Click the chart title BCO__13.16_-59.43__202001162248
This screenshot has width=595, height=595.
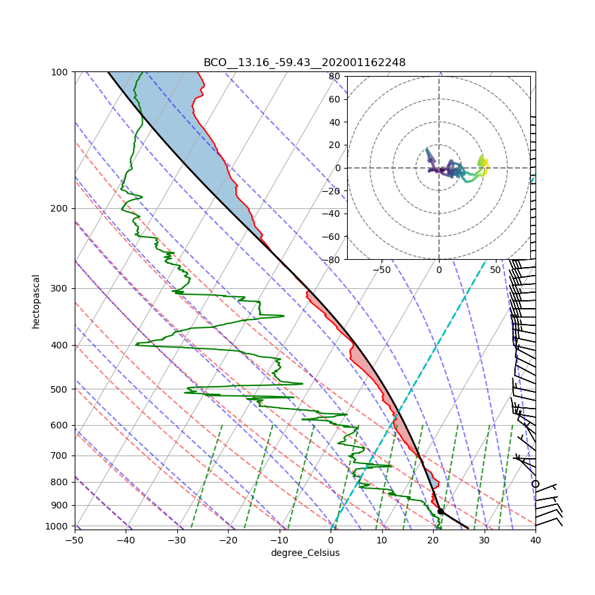point(304,63)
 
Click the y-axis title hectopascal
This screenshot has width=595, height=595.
point(36,301)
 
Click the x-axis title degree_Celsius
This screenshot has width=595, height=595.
point(305,553)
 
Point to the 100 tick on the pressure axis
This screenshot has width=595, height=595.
point(60,71)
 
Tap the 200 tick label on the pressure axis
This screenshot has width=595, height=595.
point(60,208)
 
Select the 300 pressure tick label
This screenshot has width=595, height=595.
point(60,288)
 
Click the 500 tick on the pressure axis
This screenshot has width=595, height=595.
point(60,389)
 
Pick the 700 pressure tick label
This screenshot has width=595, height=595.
point(60,456)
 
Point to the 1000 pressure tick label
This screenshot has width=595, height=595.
point(58,526)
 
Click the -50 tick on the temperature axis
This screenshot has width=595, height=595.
point(74,540)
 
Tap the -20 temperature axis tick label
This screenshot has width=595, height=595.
point(228,540)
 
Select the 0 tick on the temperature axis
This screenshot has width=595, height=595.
point(331,540)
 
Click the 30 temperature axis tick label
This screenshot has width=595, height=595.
point(485,540)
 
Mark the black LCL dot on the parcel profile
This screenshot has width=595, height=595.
point(440,511)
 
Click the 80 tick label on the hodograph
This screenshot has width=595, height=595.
point(335,76)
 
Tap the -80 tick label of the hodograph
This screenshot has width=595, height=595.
point(333,260)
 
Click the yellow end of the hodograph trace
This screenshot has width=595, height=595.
point(483,161)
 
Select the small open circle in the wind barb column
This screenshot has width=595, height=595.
point(535,484)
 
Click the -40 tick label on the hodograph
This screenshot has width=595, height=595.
point(333,214)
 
